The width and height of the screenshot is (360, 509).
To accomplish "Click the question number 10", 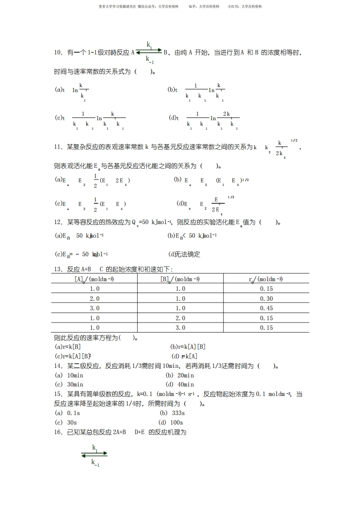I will point(58,53).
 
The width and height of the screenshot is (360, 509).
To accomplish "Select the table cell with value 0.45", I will point(266,308).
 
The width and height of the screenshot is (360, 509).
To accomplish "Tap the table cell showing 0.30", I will point(266,299).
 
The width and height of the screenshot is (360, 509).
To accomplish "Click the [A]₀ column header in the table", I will point(94,279).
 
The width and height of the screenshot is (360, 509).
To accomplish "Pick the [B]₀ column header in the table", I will point(180,279).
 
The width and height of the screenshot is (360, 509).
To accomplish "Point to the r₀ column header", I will point(266,279).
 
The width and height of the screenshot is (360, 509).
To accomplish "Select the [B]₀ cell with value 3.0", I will point(180,328).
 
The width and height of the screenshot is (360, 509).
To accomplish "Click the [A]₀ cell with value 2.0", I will point(94,299).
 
